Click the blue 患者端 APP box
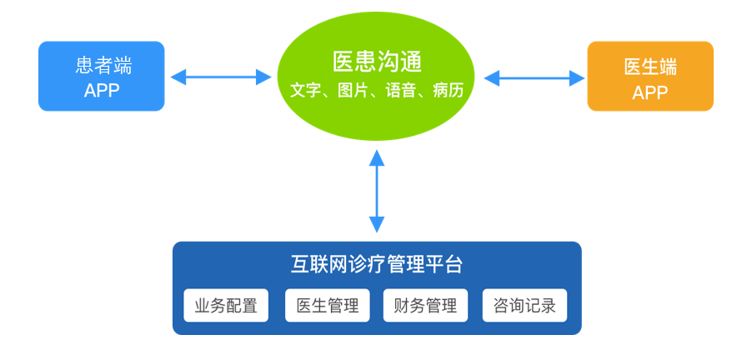tap(101, 77)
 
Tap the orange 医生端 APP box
tap(650, 77)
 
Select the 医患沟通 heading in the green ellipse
tap(377, 61)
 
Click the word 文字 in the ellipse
tap(305, 90)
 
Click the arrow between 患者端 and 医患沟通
tap(221, 77)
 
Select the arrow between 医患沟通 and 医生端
tap(534, 78)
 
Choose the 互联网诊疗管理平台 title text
tap(377, 265)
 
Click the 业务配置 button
tap(226, 306)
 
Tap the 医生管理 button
tap(327, 306)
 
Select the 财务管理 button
tap(425, 306)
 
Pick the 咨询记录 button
tap(524, 306)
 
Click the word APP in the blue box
tap(102, 90)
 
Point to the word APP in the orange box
tap(650, 92)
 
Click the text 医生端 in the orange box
tap(650, 67)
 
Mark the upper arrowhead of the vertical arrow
tap(377, 157)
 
